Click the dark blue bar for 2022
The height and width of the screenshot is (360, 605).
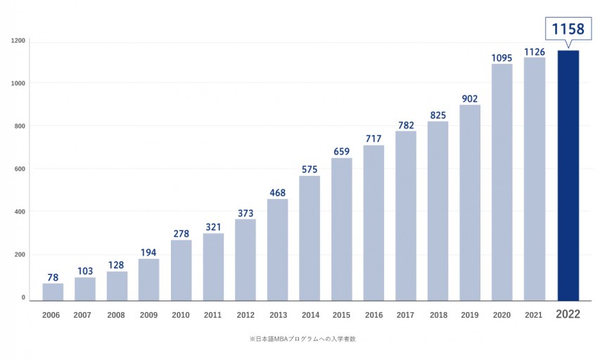(568, 175)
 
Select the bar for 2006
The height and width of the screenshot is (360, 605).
(53, 292)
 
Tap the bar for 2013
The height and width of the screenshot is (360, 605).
(277, 250)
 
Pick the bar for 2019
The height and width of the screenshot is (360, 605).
(470, 202)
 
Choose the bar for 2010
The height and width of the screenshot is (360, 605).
(181, 270)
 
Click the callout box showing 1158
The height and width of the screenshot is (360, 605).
(568, 29)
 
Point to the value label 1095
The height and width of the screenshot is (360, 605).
(502, 58)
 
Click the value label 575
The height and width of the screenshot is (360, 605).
(310, 169)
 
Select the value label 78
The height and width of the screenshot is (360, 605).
(53, 278)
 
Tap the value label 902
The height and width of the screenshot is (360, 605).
(470, 98)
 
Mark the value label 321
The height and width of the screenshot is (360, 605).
(213, 227)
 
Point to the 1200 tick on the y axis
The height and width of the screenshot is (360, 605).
(18, 41)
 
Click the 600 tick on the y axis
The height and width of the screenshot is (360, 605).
(20, 169)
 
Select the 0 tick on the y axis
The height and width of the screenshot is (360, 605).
(23, 297)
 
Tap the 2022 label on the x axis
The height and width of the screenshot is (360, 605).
(568, 314)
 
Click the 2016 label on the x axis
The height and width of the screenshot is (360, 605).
(374, 315)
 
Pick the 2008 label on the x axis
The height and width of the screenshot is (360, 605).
(116, 315)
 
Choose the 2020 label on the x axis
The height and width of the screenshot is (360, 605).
(502, 315)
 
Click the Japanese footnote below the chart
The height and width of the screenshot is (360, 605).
(302, 339)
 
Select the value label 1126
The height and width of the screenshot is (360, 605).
(535, 52)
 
